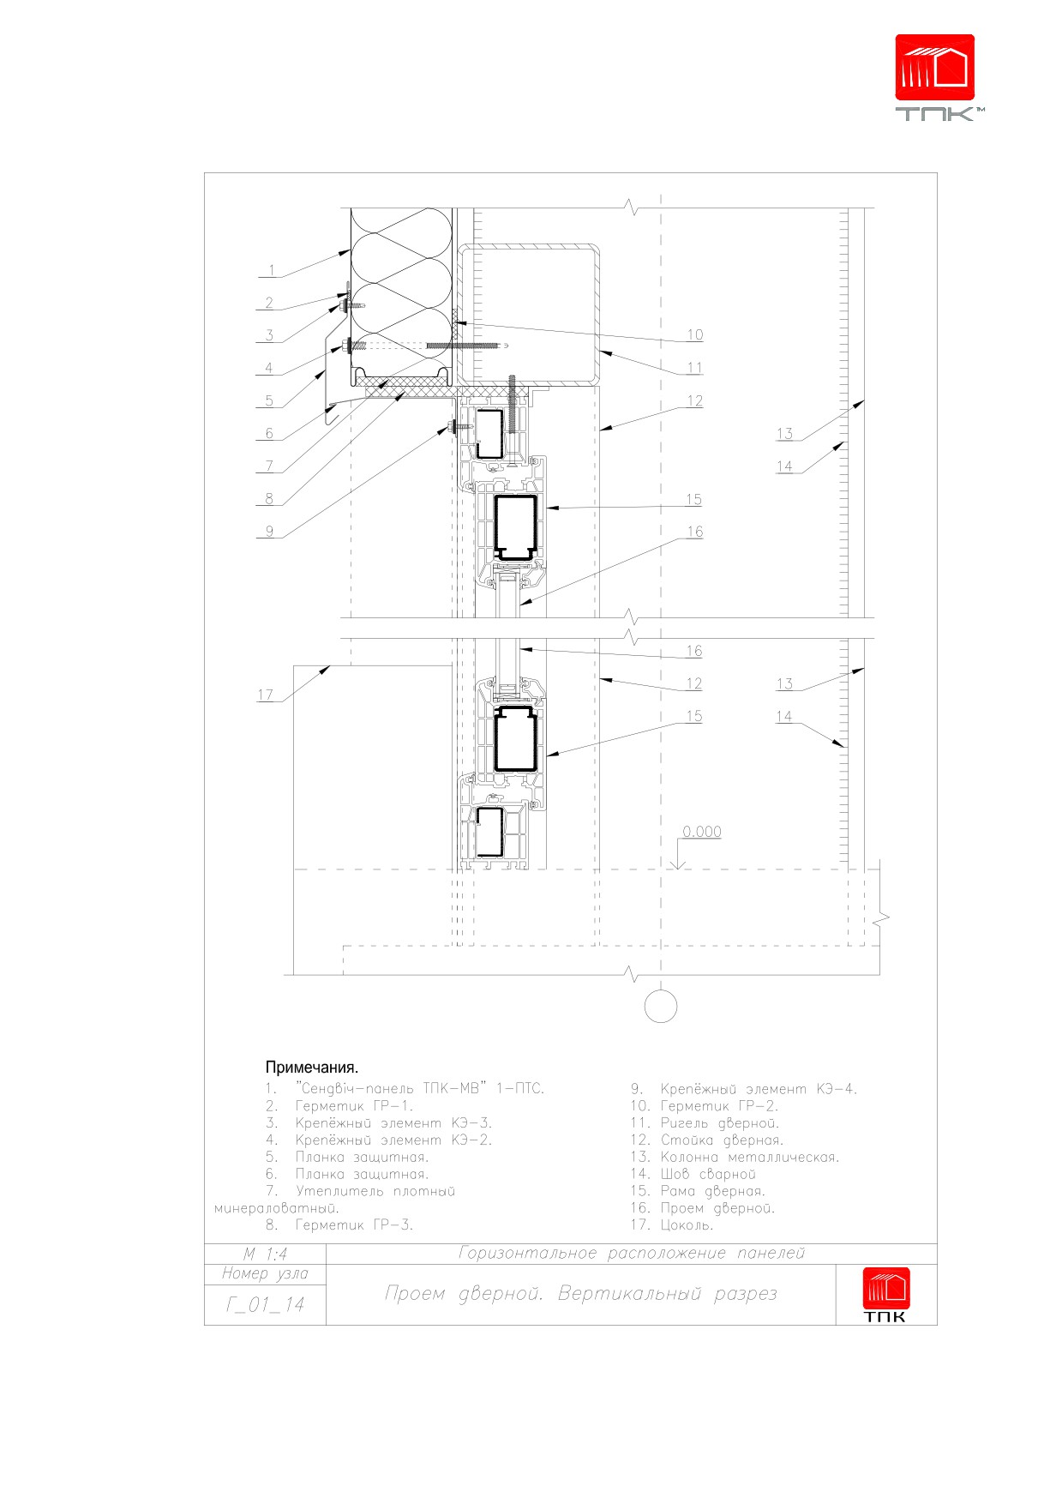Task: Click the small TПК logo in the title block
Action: (885, 1295)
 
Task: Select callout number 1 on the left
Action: (272, 271)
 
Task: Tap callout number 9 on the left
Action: (269, 532)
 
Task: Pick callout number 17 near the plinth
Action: (266, 695)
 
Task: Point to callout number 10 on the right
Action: (694, 335)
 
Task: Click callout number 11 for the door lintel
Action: (694, 368)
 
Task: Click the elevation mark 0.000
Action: (702, 832)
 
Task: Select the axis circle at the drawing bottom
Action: (660, 1007)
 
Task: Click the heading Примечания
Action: (312, 1068)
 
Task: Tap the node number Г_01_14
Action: (266, 1305)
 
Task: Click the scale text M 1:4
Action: (265, 1254)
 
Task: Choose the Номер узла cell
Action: (265, 1273)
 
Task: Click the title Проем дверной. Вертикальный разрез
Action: (581, 1293)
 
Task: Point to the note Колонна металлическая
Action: (749, 1157)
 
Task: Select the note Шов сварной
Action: (708, 1174)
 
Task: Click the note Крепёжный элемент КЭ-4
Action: (759, 1089)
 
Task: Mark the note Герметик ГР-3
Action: (354, 1225)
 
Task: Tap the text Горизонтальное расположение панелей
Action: (633, 1254)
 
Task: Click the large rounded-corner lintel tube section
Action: (528, 247)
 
